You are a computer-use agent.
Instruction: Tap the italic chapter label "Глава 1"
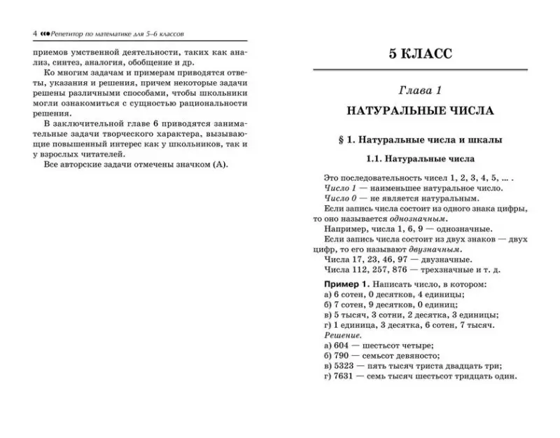click(x=420, y=91)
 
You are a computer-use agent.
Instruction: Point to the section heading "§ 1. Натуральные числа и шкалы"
click(x=420, y=140)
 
